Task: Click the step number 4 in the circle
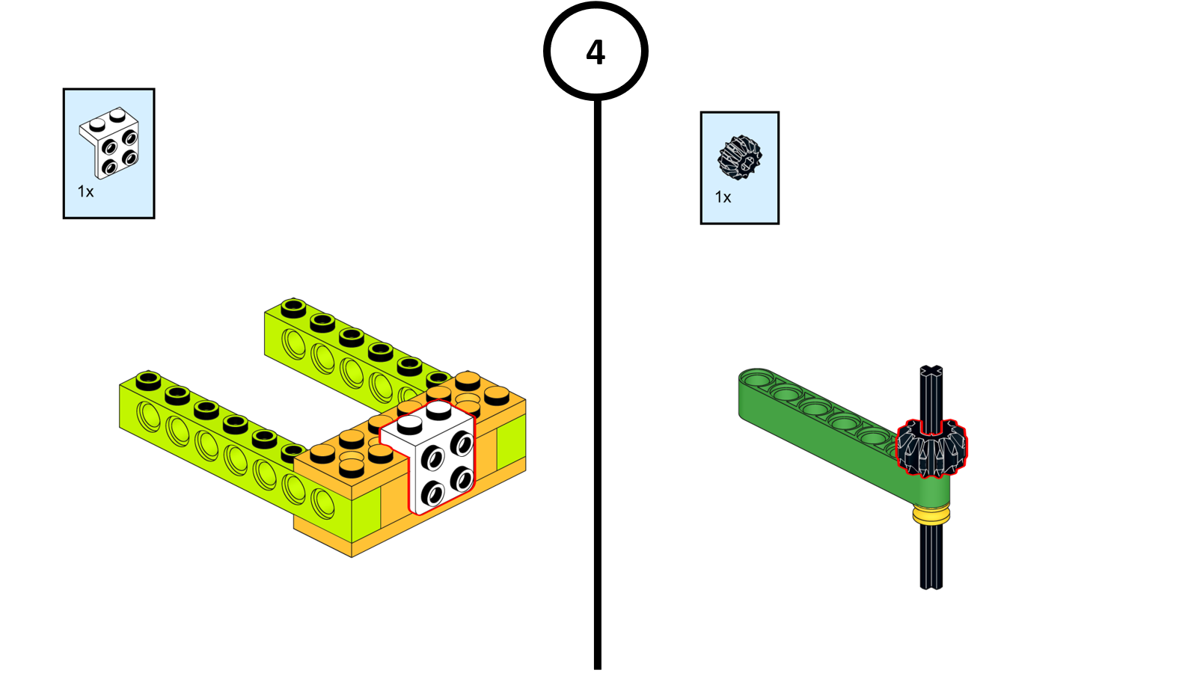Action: pos(596,52)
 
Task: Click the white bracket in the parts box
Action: pos(109,143)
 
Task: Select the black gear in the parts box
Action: pos(739,157)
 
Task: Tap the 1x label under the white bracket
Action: pos(85,192)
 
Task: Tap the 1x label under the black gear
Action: pos(723,197)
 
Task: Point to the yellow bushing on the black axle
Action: pos(931,514)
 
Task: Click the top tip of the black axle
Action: pos(931,371)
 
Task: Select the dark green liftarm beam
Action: pos(823,426)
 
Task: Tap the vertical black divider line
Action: pos(598,374)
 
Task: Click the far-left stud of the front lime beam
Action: pos(148,379)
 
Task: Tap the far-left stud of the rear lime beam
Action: pos(293,307)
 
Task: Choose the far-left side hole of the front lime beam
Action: pos(149,417)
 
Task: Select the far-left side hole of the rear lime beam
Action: pos(293,343)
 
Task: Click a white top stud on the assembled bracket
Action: pos(409,424)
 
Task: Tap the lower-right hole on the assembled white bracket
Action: pos(462,479)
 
